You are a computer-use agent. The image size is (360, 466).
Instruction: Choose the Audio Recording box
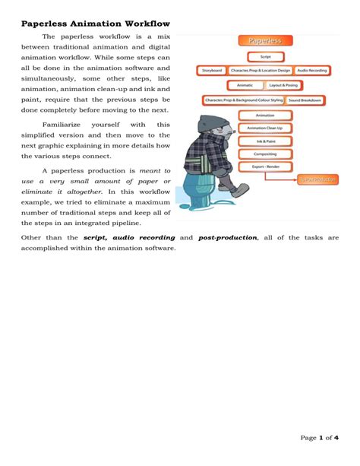[x=311, y=71]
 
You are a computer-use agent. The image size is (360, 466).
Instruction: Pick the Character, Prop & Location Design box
[x=260, y=71]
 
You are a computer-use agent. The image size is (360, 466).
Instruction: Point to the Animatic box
[x=245, y=86]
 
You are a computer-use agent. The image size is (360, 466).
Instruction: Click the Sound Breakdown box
[x=306, y=100]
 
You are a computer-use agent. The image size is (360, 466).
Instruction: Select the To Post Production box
[x=317, y=180]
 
